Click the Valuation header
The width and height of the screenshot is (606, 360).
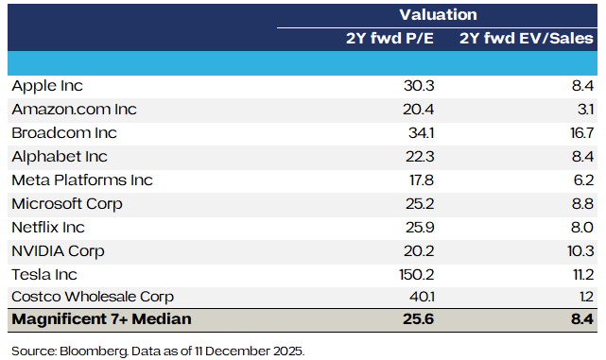[438, 15]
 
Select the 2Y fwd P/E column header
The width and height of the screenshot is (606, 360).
[390, 38]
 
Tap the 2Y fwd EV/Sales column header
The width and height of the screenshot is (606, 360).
[526, 38]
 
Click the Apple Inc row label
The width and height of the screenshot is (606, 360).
[47, 86]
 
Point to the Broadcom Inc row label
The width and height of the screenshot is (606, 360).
[64, 133]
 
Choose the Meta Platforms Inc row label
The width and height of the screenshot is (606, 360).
[82, 180]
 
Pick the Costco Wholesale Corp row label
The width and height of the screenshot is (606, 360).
[93, 297]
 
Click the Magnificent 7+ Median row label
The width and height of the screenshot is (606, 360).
[102, 319]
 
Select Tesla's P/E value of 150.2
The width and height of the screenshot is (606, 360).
[417, 275]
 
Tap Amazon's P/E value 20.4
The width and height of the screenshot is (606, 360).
[418, 110]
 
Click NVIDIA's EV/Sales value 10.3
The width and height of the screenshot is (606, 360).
[580, 251]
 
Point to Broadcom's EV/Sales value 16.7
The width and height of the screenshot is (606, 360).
[581, 133]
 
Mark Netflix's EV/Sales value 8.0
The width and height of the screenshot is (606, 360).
[582, 228]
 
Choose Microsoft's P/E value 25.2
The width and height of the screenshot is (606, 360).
[420, 203]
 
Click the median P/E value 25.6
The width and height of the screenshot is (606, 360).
[419, 319]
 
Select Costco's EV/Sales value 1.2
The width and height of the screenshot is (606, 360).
[587, 297]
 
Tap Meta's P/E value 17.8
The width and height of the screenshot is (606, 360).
[422, 180]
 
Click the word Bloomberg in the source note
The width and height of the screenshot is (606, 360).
[94, 351]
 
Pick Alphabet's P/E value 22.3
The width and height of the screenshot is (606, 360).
[420, 157]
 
